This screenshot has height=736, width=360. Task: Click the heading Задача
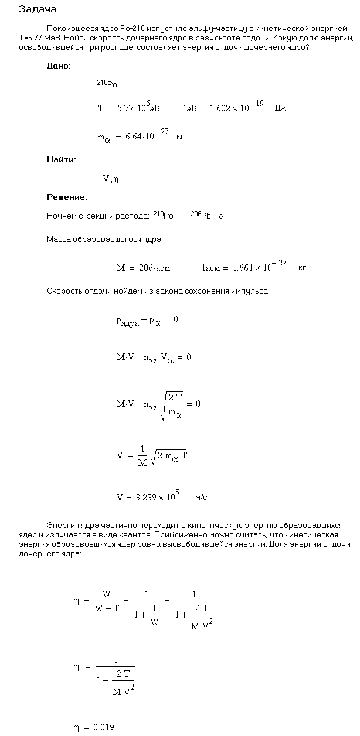tap(38, 9)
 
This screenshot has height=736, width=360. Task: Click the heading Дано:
tap(59, 66)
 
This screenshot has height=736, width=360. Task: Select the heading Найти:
tap(62, 159)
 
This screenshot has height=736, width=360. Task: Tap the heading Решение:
tap(67, 197)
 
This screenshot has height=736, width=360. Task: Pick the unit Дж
tap(280, 109)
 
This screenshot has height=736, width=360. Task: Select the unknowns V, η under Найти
tap(111, 179)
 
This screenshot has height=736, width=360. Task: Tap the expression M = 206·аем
tap(143, 268)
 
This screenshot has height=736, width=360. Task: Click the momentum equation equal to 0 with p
tap(147, 321)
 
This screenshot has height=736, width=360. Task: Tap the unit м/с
tap(201, 498)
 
